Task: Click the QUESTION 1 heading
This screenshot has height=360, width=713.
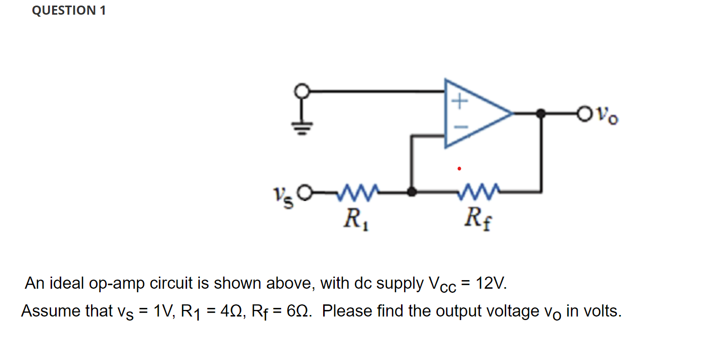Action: pyautogui.click(x=69, y=11)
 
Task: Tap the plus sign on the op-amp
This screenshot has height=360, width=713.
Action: pyautogui.click(x=458, y=102)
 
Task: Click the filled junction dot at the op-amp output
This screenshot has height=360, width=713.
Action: pyautogui.click(x=541, y=114)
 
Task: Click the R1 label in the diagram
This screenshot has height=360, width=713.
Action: pyautogui.click(x=354, y=219)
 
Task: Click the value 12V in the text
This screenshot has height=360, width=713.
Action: pyautogui.click(x=491, y=284)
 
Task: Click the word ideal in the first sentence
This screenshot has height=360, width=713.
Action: pyautogui.click(x=68, y=284)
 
